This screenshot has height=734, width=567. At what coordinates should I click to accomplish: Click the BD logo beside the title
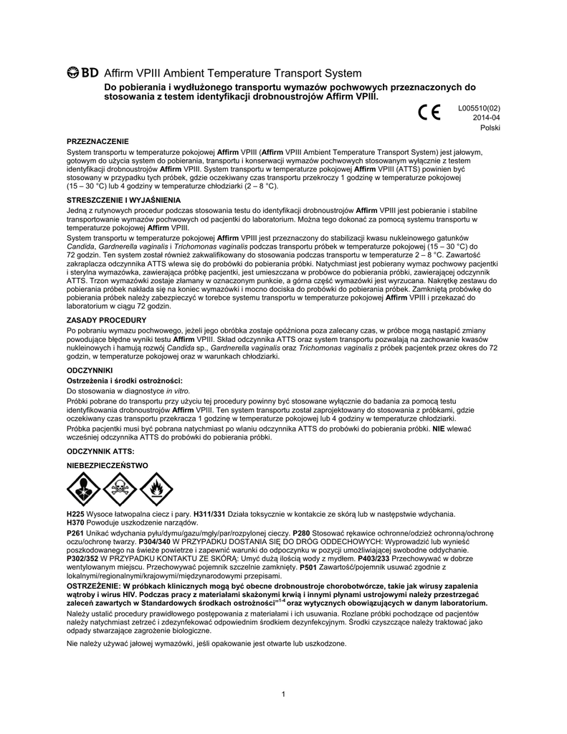82,72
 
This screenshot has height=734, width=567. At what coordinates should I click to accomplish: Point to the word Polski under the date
490,127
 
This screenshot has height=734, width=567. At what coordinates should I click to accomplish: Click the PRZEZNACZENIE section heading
97,143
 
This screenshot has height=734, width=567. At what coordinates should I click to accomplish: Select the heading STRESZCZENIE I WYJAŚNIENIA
123,199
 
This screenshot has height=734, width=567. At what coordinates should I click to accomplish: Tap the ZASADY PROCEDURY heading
106,319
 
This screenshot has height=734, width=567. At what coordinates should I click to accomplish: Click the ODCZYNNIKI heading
90,369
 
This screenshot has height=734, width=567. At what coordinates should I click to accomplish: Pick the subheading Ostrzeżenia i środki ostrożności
125,379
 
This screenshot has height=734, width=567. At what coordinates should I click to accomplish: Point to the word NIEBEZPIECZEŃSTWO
108,465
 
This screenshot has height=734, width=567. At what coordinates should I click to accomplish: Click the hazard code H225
75,514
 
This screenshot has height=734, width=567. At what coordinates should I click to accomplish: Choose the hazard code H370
75,523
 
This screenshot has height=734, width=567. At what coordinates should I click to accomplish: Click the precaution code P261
75,534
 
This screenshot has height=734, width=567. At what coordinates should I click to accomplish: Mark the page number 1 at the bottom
284,693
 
